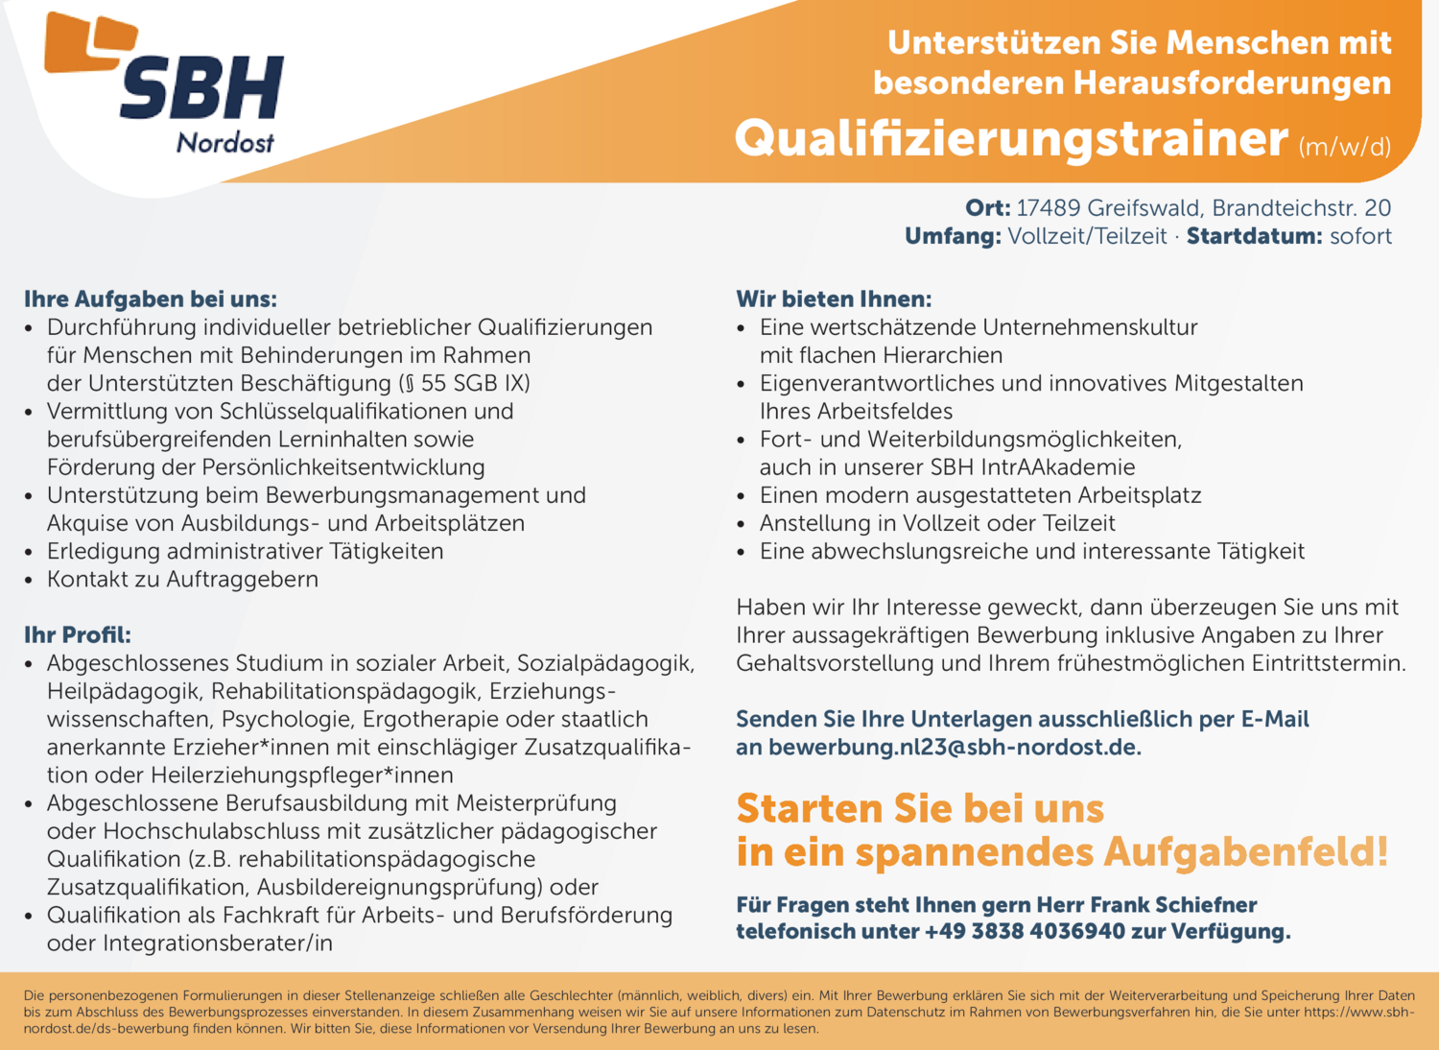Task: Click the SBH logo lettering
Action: pyautogui.click(x=201, y=87)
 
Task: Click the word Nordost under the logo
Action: pyautogui.click(x=225, y=143)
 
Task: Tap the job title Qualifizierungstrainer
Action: pyautogui.click(x=1011, y=139)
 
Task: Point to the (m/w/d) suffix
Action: pyautogui.click(x=1344, y=147)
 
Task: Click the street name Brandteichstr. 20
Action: pyautogui.click(x=1301, y=208)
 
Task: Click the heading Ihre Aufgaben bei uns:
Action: pyautogui.click(x=151, y=299)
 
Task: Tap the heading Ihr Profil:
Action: pyautogui.click(x=78, y=635)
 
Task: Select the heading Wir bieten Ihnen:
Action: pyautogui.click(x=834, y=299)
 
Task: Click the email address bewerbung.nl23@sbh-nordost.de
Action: pyautogui.click(x=954, y=748)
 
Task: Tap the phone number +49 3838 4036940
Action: pyautogui.click(x=1024, y=932)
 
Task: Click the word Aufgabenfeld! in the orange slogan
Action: pyautogui.click(x=1245, y=852)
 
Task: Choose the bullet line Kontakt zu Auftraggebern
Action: pyautogui.click(x=182, y=580)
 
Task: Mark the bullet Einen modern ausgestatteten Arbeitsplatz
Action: pyautogui.click(x=979, y=496)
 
